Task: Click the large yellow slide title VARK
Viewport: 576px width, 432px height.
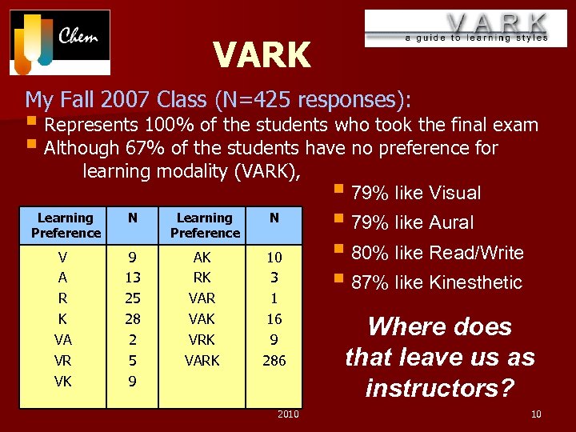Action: tap(262, 56)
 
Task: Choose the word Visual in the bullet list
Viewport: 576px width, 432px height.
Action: tap(454, 193)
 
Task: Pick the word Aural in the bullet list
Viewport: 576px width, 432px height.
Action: tap(451, 223)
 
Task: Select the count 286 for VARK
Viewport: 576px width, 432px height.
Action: tap(274, 361)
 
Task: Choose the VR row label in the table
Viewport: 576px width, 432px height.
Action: tap(63, 361)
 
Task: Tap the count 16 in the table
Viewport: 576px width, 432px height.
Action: tap(274, 319)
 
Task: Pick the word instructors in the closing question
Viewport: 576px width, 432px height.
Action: tap(439, 388)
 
